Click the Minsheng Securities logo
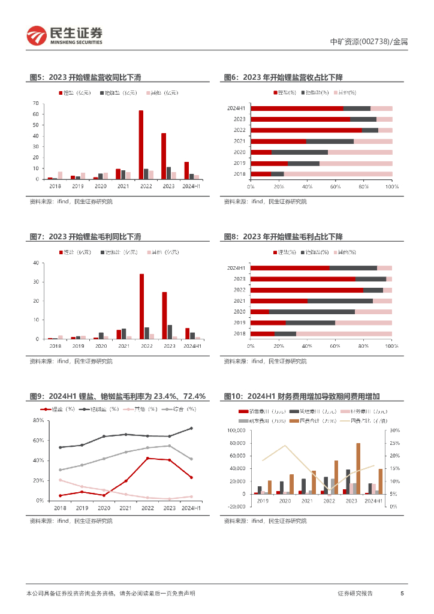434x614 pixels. pos(65,36)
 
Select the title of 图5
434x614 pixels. pos(85,77)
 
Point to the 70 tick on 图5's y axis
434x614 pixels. pos(37,103)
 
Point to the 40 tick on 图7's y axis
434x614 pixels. pos(37,263)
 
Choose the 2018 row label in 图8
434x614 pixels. pos(239,333)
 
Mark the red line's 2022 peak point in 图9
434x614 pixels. pos(147,458)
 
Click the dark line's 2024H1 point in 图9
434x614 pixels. pos(191,428)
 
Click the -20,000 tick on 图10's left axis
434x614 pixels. pos(237,506)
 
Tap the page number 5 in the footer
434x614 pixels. pos(402,594)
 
